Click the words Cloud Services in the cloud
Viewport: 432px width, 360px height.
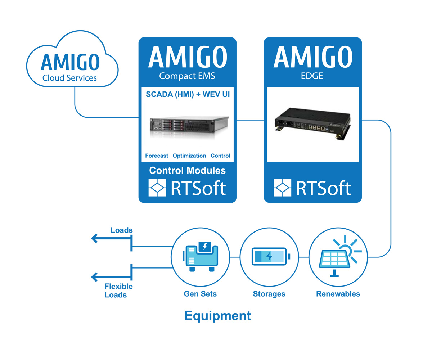(69, 78)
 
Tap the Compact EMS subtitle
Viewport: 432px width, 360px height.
(187, 76)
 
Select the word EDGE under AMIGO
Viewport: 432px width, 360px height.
(312, 76)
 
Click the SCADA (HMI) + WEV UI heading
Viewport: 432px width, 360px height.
(188, 94)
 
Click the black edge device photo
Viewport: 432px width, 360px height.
(312, 123)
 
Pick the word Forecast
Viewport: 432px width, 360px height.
(157, 156)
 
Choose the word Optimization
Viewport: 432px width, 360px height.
(189, 156)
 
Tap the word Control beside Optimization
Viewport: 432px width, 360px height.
(220, 156)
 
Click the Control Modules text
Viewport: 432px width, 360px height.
(187, 171)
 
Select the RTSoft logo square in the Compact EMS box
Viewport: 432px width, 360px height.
(157, 188)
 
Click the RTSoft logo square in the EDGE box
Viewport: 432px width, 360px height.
(282, 188)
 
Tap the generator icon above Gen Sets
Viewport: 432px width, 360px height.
(200, 256)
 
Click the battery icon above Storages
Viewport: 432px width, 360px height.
(271, 257)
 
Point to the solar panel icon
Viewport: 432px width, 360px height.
(340, 256)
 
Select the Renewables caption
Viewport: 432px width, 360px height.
(338, 294)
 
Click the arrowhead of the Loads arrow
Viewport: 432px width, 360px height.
(94, 238)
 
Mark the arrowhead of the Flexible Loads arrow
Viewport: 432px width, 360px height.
(94, 277)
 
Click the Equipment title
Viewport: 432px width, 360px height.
(218, 316)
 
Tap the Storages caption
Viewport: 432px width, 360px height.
(269, 294)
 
